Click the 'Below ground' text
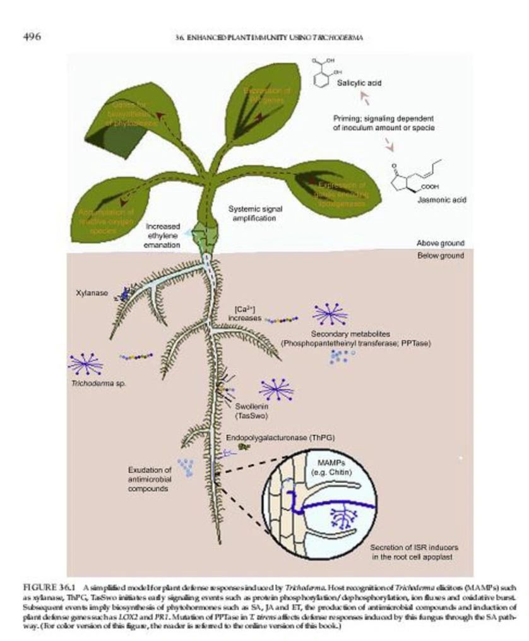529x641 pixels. [441, 256]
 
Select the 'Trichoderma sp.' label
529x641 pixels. [90, 382]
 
